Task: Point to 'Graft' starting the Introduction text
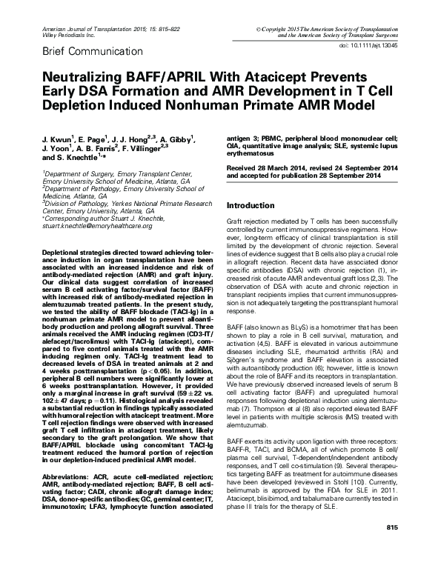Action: point(233,222)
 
